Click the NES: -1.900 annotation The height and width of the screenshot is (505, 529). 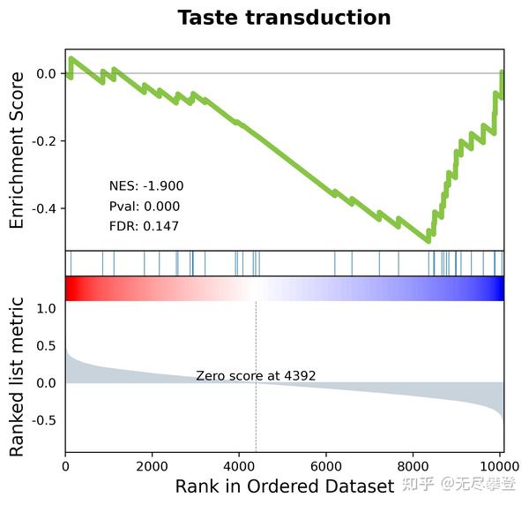(145, 186)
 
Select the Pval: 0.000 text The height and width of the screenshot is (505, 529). (144, 207)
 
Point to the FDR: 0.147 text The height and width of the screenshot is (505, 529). (144, 227)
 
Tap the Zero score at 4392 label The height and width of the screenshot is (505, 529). (256, 376)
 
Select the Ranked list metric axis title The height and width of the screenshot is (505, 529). (17, 377)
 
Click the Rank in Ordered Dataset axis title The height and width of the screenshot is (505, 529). (284, 486)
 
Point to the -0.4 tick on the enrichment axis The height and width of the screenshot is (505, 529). (45, 209)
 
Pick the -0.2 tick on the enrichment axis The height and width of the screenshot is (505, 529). (45, 141)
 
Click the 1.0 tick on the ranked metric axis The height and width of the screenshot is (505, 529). (48, 308)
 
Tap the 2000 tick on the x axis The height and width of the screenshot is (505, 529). (153, 465)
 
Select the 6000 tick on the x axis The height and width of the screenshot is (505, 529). (327, 465)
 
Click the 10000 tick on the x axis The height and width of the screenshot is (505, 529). (500, 465)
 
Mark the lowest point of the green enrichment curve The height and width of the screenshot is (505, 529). (428, 239)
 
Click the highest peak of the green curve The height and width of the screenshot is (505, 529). (71, 59)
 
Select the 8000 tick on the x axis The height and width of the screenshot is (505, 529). (414, 465)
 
